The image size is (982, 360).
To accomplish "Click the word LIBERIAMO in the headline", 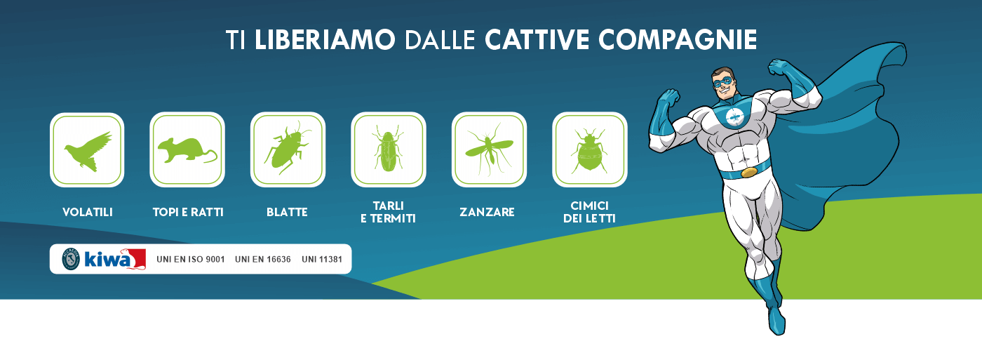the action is pos(325,39).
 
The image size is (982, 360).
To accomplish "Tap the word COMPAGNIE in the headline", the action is pos(678,39).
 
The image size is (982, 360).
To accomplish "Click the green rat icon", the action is pos(187,150).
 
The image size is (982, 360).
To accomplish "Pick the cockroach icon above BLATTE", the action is pos(287,148).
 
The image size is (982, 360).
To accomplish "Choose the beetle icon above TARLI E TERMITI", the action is pos(388,149).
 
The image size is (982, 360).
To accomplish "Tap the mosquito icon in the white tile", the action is pos(489,149).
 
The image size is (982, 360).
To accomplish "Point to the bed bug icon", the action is pos(589,151).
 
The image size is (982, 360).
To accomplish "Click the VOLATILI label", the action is pos(88,212).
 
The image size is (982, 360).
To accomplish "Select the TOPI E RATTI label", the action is pos(188,212).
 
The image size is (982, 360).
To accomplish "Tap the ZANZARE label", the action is pos(487,212).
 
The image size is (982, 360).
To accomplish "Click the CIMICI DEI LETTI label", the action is pos(589,212).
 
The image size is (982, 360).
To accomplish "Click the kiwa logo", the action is pos(114,259).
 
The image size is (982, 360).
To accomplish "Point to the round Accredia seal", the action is pos(71,259).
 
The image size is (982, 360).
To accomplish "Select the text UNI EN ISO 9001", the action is pos(191,259).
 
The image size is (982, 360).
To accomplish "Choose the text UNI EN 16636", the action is pos(262,259).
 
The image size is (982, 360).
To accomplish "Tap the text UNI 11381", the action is pos(322,259).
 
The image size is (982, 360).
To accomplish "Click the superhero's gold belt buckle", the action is pos(749,172).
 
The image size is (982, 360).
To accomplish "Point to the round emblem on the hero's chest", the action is pos(734,117).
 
